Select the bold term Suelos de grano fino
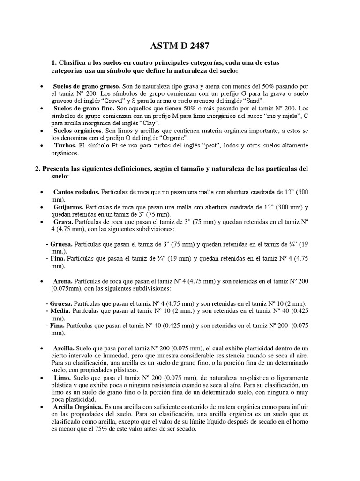tap(82, 108)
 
